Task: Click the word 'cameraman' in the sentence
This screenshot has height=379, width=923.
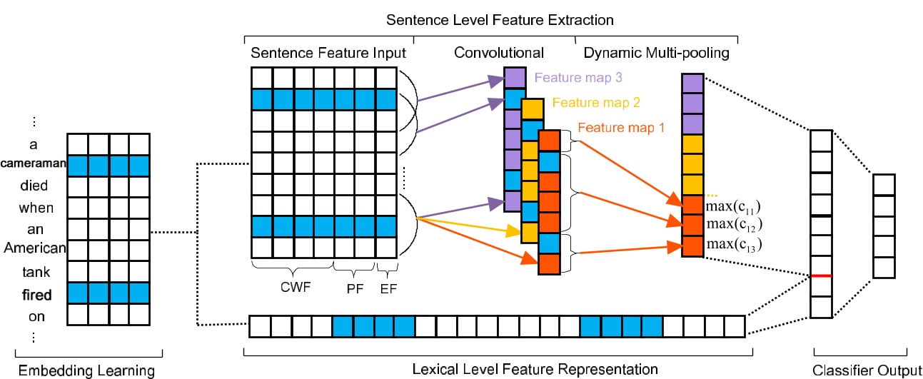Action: click(x=34, y=164)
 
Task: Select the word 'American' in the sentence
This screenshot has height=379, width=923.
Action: click(x=34, y=248)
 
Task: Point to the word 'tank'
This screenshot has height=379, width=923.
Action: click(x=34, y=271)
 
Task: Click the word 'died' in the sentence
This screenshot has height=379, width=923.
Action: click(x=34, y=186)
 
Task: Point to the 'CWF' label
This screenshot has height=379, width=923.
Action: click(x=293, y=290)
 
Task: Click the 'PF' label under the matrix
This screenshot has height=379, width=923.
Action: click(x=354, y=290)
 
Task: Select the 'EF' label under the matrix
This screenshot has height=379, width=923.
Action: click(x=386, y=290)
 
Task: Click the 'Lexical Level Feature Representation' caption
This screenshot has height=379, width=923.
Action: click(x=499, y=369)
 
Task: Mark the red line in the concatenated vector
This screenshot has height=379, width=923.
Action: click(x=822, y=276)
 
